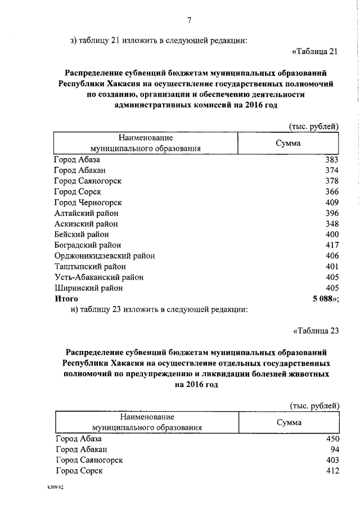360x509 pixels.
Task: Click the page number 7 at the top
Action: click(x=190, y=21)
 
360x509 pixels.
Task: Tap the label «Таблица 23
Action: click(x=316, y=330)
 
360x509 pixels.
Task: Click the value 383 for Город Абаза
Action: click(x=332, y=160)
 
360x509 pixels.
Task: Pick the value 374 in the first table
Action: click(x=332, y=170)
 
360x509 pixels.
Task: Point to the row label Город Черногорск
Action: click(x=88, y=202)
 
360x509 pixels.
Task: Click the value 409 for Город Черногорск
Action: click(x=332, y=202)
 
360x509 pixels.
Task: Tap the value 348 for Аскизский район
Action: click(x=332, y=224)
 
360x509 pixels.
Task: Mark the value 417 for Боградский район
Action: click(x=332, y=245)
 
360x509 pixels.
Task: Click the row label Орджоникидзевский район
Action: click(x=105, y=256)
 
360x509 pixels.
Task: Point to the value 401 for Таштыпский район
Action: click(x=332, y=267)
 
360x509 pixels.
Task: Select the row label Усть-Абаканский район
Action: click(x=99, y=277)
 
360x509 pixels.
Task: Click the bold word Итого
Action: click(x=66, y=299)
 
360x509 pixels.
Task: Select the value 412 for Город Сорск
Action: click(x=332, y=471)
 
